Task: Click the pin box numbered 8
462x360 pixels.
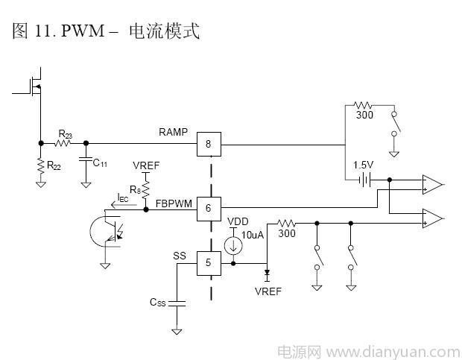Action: (x=209, y=144)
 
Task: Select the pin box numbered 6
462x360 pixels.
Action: (x=209, y=209)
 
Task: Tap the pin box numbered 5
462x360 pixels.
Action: (x=209, y=262)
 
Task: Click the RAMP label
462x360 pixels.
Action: (x=174, y=132)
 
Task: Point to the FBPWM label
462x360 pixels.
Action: (x=173, y=201)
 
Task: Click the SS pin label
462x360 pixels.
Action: (x=180, y=256)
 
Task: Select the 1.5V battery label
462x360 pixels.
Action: (x=364, y=165)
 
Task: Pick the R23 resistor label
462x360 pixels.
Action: (x=65, y=134)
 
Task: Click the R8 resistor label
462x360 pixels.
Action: (x=135, y=190)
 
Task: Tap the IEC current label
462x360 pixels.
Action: (x=123, y=198)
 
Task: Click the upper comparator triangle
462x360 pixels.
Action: (x=431, y=184)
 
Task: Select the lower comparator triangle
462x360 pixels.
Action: (x=431, y=218)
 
